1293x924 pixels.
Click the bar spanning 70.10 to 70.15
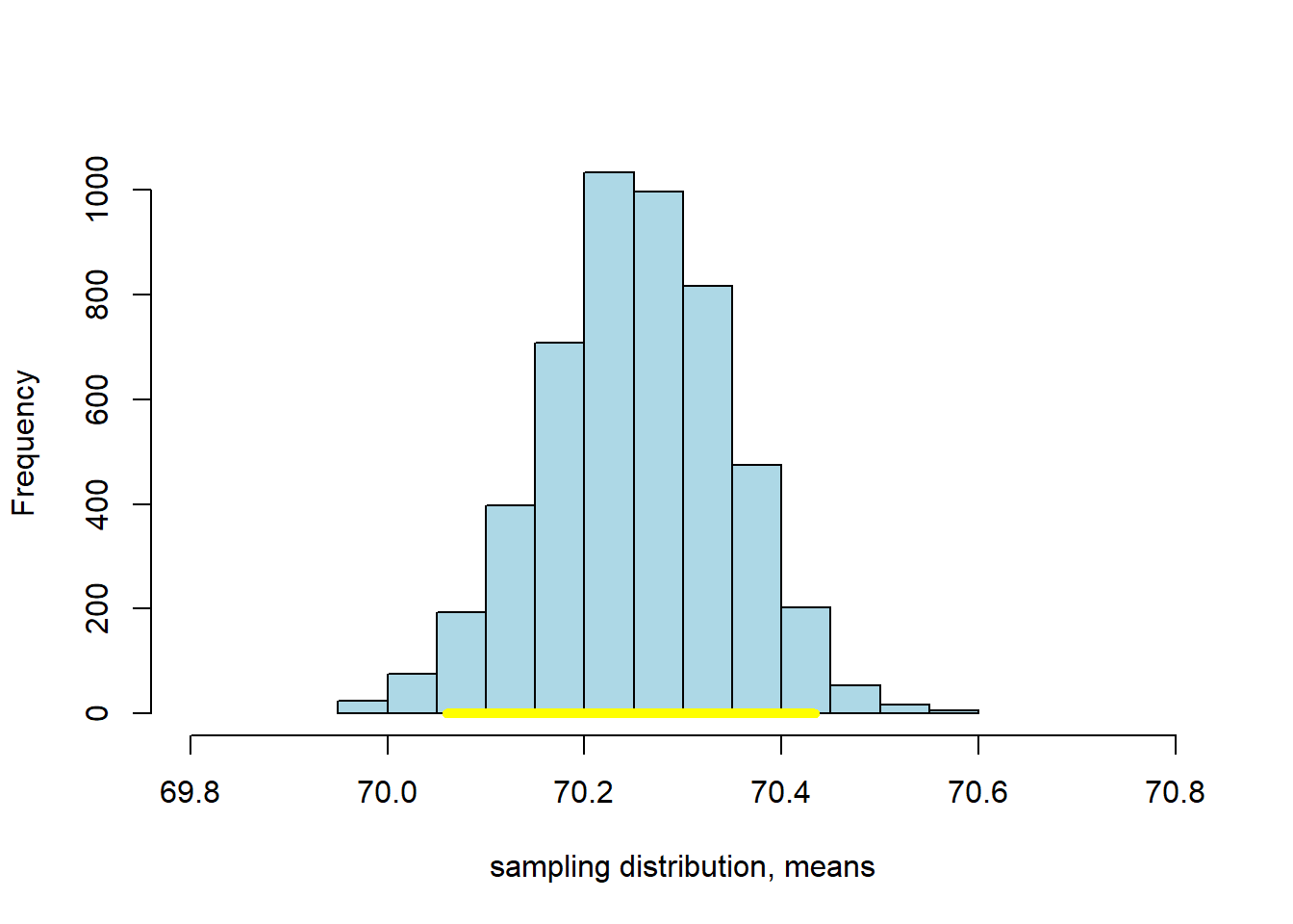pyautogui.click(x=510, y=606)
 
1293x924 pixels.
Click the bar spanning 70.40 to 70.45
pyautogui.click(x=806, y=658)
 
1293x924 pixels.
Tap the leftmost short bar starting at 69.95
pyautogui.click(x=363, y=706)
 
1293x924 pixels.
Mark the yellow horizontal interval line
pyautogui.click(x=631, y=713)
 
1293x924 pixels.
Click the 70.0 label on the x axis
pyautogui.click(x=387, y=792)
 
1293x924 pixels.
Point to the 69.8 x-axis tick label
pyautogui.click(x=190, y=792)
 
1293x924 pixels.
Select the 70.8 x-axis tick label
pyautogui.click(x=1175, y=792)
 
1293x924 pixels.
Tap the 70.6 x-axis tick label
pyautogui.click(x=977, y=792)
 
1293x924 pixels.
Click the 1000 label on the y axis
pyautogui.click(x=97, y=190)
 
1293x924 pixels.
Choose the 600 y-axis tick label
pyautogui.click(x=97, y=399)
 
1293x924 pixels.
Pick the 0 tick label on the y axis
pyautogui.click(x=97, y=713)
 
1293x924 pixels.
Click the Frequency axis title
pyautogui.click(x=23, y=443)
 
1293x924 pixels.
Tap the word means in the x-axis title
pyautogui.click(x=829, y=867)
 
